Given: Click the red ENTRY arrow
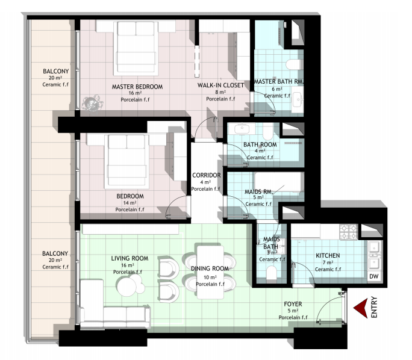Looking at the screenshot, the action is [360, 308].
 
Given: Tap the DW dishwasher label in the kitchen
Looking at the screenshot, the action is [374, 276].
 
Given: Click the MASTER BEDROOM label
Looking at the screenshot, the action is [137, 87].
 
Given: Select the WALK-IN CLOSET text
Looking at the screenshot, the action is [220, 85].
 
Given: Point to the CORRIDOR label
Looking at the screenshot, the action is [207, 175].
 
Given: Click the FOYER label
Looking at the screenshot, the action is [293, 304].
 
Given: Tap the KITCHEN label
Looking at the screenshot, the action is [328, 255].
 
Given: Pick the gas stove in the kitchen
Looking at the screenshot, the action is [349, 232].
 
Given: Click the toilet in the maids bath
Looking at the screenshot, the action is [272, 273].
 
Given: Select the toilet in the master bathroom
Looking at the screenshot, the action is [293, 64].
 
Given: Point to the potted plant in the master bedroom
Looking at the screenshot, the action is [92, 103].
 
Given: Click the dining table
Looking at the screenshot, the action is [210, 272].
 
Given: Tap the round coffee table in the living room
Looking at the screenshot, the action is [128, 287].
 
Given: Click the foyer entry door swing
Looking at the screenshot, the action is [331, 307].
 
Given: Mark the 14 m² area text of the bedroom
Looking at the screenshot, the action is [130, 203].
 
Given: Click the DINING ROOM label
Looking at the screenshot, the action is [210, 268].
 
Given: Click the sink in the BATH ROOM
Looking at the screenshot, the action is [242, 129].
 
